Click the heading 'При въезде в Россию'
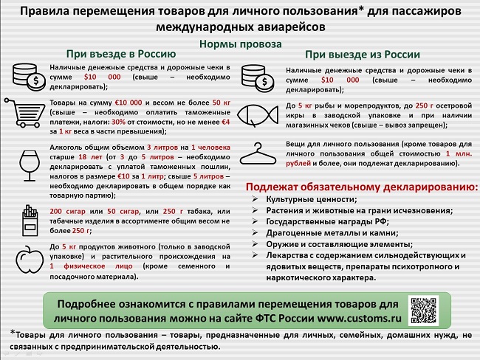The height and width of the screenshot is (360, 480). pos(120,53)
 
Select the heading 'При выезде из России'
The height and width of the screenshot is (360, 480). pos(363,54)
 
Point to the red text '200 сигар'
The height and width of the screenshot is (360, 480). pos(69,211)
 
